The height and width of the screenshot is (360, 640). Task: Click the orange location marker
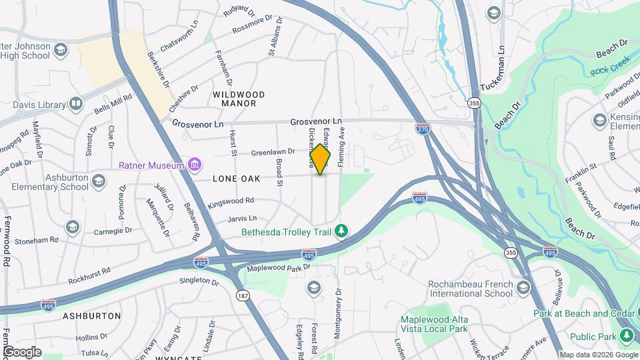pos(321,159)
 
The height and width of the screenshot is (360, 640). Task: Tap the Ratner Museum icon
pos(195,165)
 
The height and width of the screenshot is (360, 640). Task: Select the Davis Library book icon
pos(76,105)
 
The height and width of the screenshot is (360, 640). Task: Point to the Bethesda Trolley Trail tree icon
pos(341,231)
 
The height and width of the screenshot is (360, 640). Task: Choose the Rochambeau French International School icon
pos(523,288)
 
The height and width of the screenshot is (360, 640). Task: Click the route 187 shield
pos(241,295)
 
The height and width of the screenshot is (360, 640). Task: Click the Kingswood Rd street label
pos(231,201)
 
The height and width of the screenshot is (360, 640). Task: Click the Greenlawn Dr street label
pos(273,153)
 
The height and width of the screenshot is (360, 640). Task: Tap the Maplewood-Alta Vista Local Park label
pos(434,324)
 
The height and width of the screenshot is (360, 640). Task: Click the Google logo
pos(22,351)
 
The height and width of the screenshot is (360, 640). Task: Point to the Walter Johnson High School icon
pos(61,51)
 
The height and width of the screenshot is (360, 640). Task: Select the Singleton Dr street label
pos(199,281)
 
